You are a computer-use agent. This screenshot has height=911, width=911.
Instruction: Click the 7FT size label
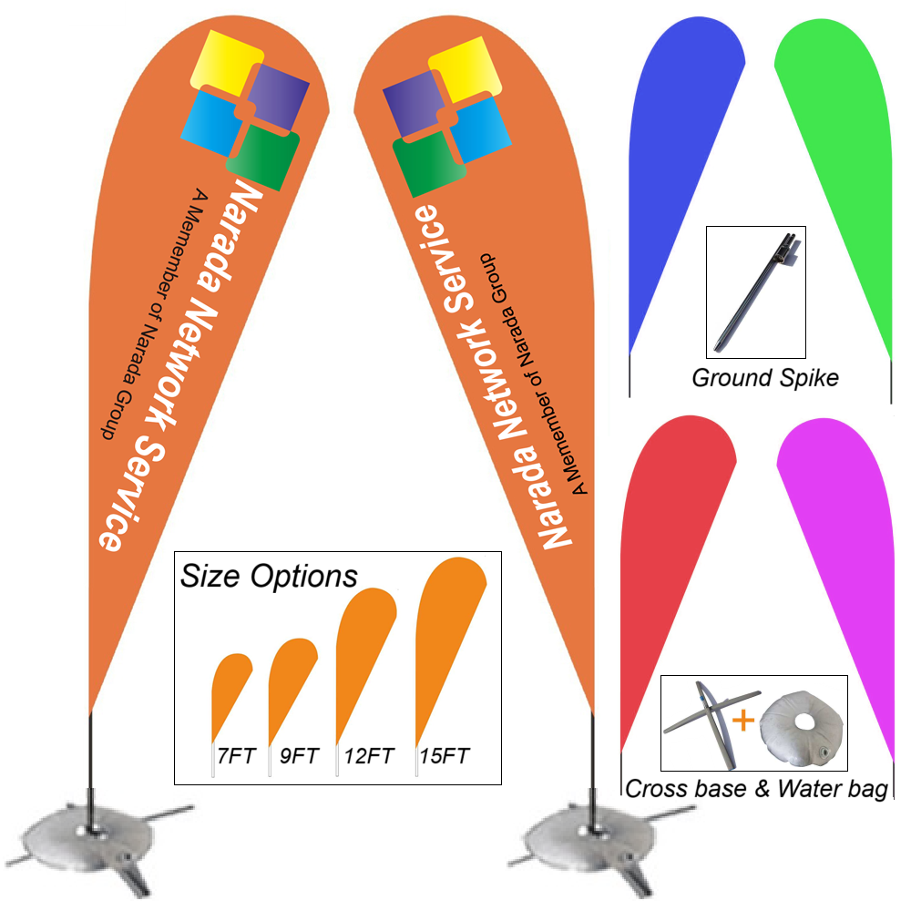235,755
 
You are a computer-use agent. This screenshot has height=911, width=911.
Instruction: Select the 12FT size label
369,755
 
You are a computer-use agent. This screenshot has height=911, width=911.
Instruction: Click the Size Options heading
269,577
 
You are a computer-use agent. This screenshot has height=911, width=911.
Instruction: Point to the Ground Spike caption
765,377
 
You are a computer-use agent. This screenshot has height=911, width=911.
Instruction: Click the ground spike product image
755,291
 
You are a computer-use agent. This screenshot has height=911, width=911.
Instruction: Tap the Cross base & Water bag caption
756,790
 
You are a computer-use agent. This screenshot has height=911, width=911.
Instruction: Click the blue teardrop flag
674,155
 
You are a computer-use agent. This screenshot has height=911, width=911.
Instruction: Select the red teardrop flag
670,547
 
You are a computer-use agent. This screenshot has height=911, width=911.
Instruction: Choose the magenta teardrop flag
843,547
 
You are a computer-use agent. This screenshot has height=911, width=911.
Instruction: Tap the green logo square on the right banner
422,165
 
